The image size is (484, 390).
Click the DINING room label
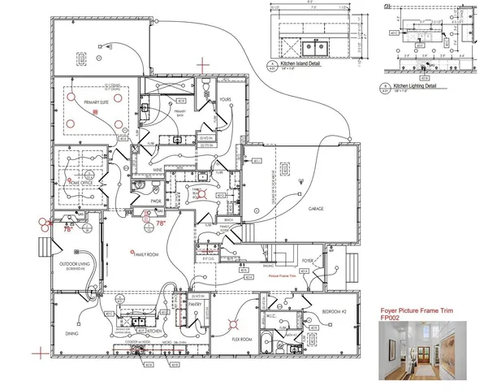71,334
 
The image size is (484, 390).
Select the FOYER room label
307,261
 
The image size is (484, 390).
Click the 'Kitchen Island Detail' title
301,62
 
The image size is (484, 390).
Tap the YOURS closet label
227,101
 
